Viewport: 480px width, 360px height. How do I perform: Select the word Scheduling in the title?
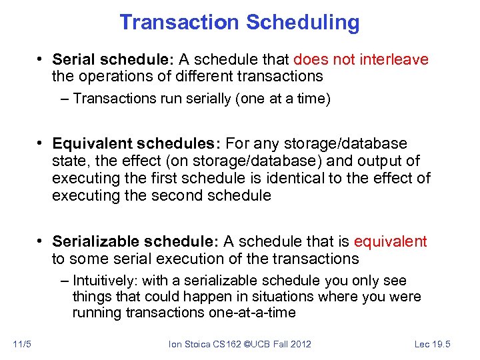(303, 23)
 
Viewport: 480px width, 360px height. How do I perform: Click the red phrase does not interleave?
(361, 60)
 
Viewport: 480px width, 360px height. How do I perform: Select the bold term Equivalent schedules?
(137, 144)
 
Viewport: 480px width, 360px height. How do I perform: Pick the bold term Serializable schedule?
(135, 241)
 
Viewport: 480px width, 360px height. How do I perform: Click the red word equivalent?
(391, 241)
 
